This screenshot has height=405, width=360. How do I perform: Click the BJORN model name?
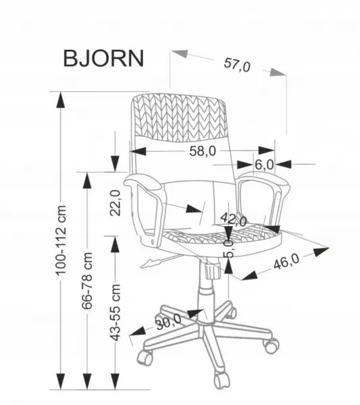pyautogui.click(x=103, y=58)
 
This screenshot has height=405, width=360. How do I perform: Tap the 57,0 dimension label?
pyautogui.click(x=237, y=65)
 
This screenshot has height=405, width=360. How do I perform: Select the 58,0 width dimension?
pyautogui.click(x=203, y=151)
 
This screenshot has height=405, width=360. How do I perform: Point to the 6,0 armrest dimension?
pyautogui.click(x=264, y=165)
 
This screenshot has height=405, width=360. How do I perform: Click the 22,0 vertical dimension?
pyautogui.click(x=115, y=203)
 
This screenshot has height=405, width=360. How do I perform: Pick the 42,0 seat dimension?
pyautogui.click(x=234, y=219)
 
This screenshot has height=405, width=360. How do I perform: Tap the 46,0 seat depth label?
pyautogui.click(x=286, y=261)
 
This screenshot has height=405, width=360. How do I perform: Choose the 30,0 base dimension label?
pyautogui.click(x=168, y=321)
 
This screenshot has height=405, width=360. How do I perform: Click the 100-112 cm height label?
pyautogui.click(x=61, y=240)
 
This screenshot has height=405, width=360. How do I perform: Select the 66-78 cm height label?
pyautogui.click(x=87, y=281)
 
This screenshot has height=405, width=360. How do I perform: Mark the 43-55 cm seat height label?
pyautogui.click(x=115, y=313)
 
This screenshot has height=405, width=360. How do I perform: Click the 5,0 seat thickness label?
pyautogui.click(x=229, y=248)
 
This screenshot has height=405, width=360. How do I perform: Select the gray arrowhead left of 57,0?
pyautogui.click(x=180, y=53)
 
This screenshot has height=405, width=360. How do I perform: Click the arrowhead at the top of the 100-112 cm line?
pyautogui.click(x=61, y=101)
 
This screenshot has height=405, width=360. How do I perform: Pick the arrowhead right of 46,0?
pyautogui.click(x=321, y=251)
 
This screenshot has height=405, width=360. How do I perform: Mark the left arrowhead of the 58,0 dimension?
pyautogui.click(x=138, y=151)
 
